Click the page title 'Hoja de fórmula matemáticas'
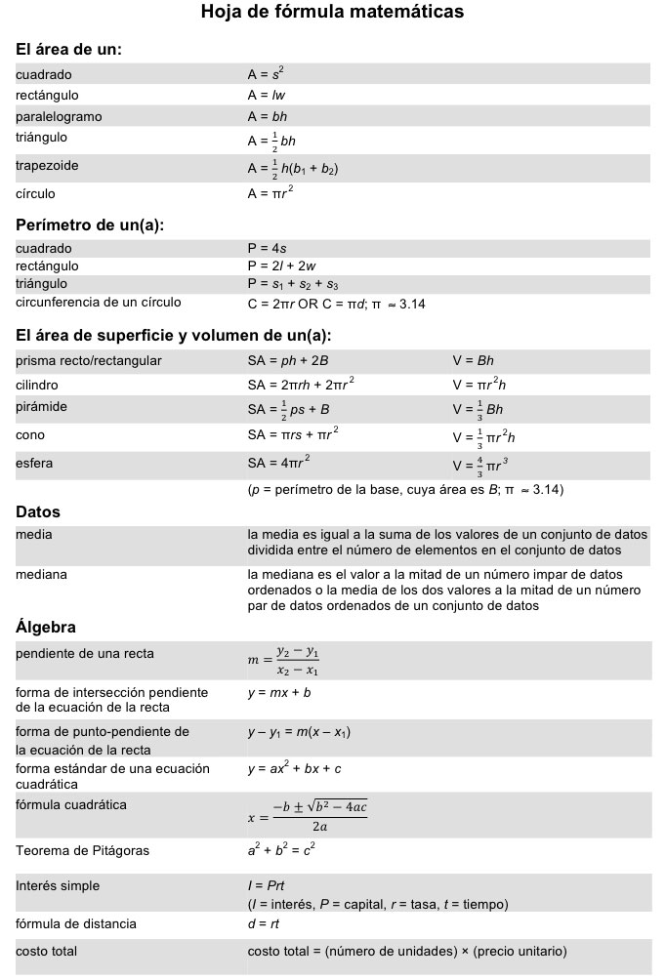pyautogui.click(x=332, y=14)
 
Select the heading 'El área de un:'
pyautogui.click(x=68, y=49)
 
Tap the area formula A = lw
pyautogui.click(x=266, y=96)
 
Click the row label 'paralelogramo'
pyautogui.click(x=59, y=117)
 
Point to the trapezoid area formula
pyautogui.click(x=293, y=169)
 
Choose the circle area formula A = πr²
pyautogui.click(x=271, y=193)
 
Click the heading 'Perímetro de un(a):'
pyautogui.click(x=90, y=225)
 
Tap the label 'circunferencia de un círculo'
pyautogui.click(x=98, y=304)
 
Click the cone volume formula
pyautogui.click(x=483, y=436)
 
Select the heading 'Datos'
pyautogui.click(x=38, y=512)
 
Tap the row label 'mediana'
pyautogui.click(x=41, y=574)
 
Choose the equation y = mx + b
pyautogui.click(x=279, y=693)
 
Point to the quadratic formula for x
pyautogui.click(x=308, y=815)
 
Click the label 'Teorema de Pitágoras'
pyautogui.click(x=83, y=851)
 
